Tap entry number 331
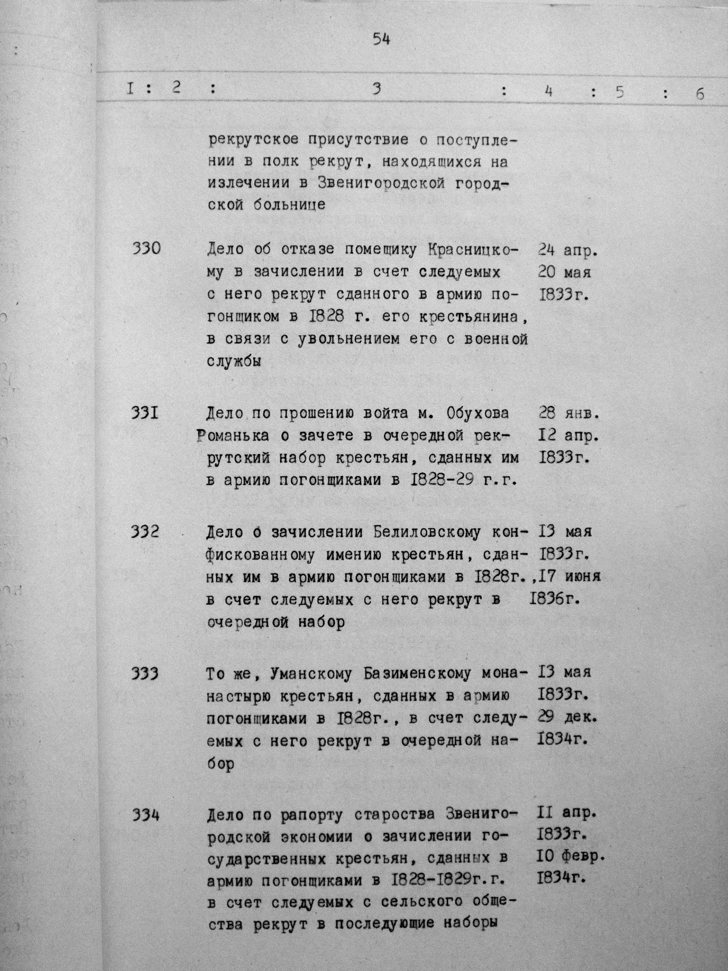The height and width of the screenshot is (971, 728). (145, 413)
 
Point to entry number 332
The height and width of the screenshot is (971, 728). (145, 532)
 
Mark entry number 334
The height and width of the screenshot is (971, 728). (145, 815)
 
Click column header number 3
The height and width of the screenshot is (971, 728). (376, 90)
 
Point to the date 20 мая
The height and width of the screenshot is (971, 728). (564, 273)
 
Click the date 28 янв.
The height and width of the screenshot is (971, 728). (568, 414)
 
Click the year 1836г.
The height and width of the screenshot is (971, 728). (555, 599)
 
